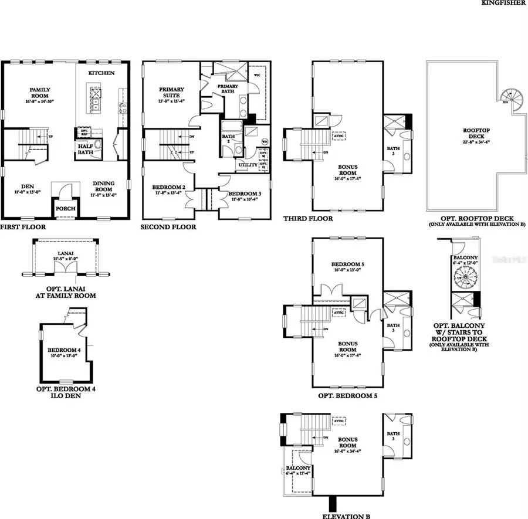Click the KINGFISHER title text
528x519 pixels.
[x=503, y=3]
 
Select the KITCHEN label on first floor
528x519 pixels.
[x=101, y=73]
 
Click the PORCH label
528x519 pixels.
[x=64, y=208]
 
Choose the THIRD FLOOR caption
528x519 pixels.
[x=308, y=219]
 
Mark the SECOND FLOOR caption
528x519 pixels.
[x=169, y=226]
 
